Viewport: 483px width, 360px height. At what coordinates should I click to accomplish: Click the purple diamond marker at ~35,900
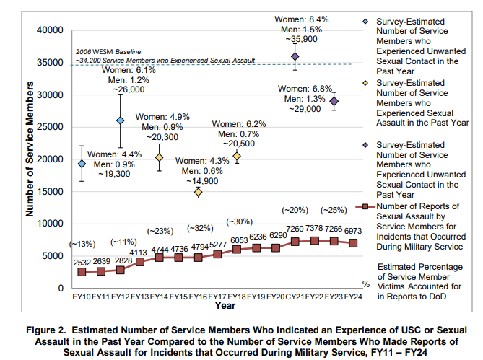click(x=295, y=56)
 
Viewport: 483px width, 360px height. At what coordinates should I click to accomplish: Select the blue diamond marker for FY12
click(x=121, y=120)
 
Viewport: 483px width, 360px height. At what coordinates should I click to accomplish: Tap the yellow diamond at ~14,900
click(x=198, y=193)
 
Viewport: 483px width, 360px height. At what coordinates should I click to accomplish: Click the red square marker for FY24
click(x=353, y=243)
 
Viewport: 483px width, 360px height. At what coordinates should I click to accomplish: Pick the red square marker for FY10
click(x=82, y=272)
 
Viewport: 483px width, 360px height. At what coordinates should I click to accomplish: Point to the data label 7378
click(x=314, y=228)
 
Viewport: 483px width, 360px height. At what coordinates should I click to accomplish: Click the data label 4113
click(x=138, y=253)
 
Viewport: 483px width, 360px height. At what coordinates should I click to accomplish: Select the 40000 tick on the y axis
click(x=50, y=30)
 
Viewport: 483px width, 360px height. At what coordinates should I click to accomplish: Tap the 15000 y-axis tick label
click(x=50, y=191)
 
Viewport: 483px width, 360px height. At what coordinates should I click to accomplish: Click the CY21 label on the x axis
click(x=295, y=297)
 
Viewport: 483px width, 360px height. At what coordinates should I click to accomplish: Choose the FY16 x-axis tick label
click(x=198, y=297)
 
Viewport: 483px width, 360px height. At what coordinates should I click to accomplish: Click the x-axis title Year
click(x=225, y=306)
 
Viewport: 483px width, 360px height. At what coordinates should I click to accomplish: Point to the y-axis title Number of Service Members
click(x=30, y=149)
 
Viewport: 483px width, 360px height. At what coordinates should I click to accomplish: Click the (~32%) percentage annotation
click(x=200, y=228)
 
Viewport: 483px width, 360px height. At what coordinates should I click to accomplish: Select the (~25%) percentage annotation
click(x=334, y=210)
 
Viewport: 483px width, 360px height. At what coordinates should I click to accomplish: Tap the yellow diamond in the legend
click(x=365, y=83)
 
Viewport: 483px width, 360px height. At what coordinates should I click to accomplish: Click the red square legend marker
click(x=365, y=206)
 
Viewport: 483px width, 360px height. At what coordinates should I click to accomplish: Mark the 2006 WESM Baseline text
click(x=108, y=52)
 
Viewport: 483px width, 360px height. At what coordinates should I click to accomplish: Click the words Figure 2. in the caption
click(x=46, y=330)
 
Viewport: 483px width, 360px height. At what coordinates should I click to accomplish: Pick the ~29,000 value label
click(x=305, y=109)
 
